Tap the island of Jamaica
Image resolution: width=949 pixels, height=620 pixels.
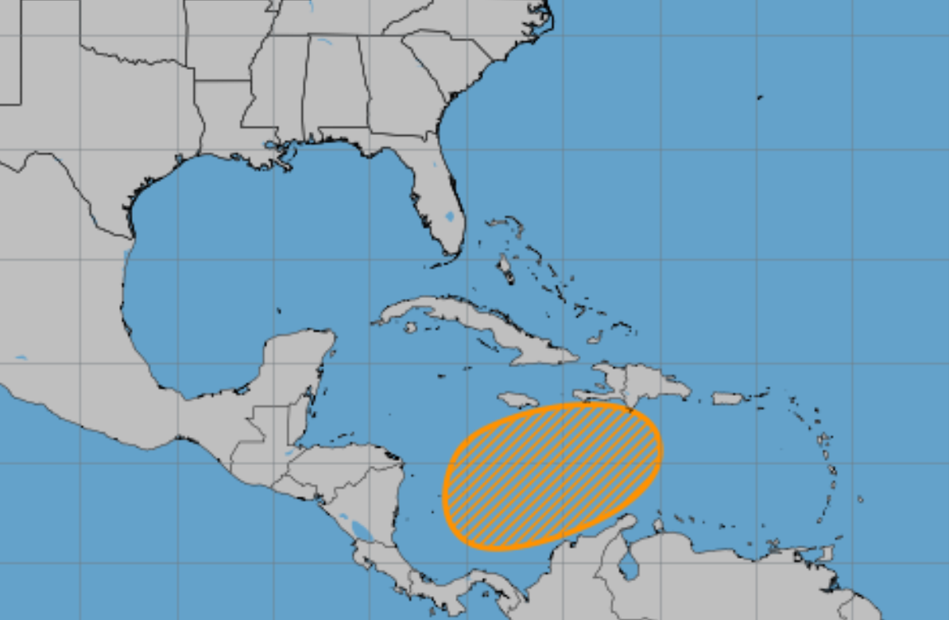pyautogui.click(x=518, y=399)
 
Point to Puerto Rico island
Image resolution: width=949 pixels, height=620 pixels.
pyautogui.click(x=726, y=397)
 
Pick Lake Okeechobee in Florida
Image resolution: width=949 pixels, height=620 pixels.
pyautogui.click(x=450, y=215)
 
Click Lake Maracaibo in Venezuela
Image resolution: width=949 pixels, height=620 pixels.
pyautogui.click(x=629, y=566)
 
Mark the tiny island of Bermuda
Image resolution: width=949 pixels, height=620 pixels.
pyautogui.click(x=760, y=97)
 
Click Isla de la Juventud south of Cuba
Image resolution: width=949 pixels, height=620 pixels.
pyautogui.click(x=410, y=327)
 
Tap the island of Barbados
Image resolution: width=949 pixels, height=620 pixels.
pyautogui.click(x=860, y=499)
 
